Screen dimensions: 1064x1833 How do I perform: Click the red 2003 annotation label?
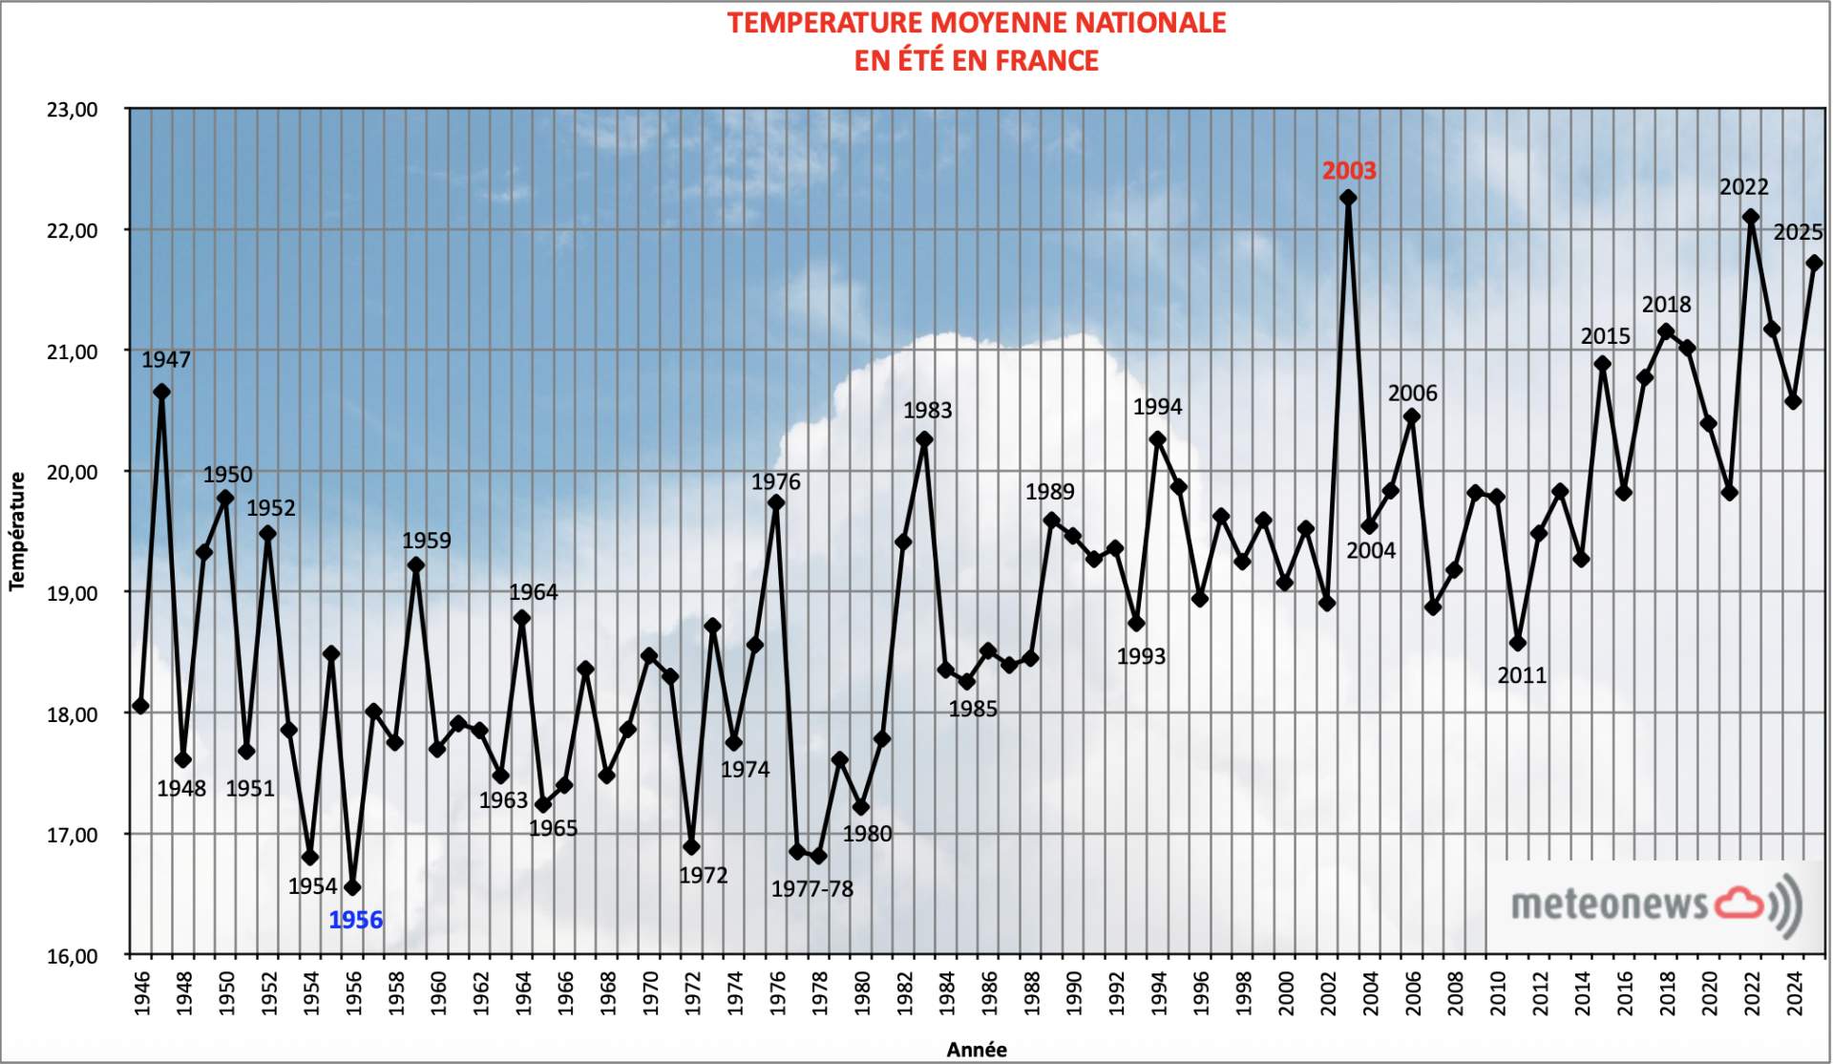[1348, 171]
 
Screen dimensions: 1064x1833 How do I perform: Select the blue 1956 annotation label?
[355, 920]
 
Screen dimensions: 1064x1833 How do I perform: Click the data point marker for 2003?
[1348, 198]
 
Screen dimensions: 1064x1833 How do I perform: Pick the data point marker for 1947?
[161, 392]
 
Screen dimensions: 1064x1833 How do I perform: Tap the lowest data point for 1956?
[352, 887]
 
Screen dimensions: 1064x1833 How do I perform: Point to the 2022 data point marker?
[1751, 217]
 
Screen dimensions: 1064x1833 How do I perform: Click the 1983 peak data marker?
[924, 439]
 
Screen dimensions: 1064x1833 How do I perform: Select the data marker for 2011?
[1518, 643]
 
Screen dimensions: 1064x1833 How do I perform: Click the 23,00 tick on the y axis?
[73, 110]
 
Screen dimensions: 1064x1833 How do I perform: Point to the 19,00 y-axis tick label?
[73, 593]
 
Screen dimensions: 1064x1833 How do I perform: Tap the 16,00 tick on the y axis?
[73, 955]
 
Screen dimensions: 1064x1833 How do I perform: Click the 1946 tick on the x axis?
[141, 994]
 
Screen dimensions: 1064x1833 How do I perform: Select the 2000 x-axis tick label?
[1285, 994]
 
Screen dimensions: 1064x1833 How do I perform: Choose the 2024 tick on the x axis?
[1794, 994]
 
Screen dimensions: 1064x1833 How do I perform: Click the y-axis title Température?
[17, 531]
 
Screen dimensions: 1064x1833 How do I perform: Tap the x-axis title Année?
[976, 1050]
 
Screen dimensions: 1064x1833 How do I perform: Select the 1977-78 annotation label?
[811, 889]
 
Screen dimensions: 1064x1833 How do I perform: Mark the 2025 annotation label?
[1798, 232]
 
